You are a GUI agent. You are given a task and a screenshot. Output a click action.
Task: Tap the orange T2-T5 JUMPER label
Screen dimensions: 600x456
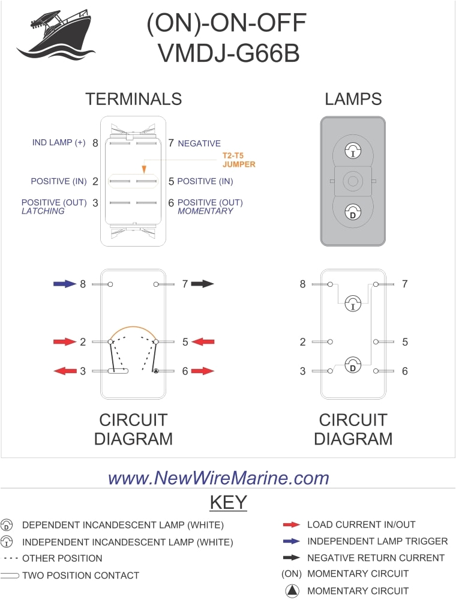pos(239,159)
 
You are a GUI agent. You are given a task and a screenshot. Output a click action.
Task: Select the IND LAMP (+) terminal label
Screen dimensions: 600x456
pos(59,143)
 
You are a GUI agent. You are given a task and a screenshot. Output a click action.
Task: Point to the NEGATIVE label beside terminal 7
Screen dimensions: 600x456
pos(199,143)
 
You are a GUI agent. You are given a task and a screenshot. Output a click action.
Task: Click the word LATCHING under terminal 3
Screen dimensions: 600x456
pos(43,211)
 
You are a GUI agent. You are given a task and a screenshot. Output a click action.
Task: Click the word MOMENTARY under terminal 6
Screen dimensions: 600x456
pos(205,211)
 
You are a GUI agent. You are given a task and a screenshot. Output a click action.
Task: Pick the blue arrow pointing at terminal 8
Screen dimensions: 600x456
pos(65,283)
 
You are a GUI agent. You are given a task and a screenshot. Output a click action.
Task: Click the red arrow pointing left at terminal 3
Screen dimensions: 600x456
pos(65,371)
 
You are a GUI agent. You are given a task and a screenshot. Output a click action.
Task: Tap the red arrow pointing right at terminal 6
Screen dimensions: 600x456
pos(203,371)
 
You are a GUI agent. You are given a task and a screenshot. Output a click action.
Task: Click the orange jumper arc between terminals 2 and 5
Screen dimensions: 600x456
pos(133,329)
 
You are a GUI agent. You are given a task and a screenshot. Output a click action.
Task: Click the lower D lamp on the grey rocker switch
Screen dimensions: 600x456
pos(352,211)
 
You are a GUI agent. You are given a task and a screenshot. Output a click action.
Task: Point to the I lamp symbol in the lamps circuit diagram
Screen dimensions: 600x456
pos(352,305)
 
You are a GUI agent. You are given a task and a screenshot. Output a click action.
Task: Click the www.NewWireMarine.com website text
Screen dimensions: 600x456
pos(218,478)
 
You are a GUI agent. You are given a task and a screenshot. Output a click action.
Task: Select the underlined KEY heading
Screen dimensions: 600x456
pos(228,502)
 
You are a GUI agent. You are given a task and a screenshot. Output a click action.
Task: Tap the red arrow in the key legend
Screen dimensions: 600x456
pos(291,525)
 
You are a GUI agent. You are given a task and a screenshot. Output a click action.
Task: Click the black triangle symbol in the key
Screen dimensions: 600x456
pos(292,591)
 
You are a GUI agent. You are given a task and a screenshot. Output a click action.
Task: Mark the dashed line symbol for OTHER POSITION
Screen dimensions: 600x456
pos(10,559)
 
